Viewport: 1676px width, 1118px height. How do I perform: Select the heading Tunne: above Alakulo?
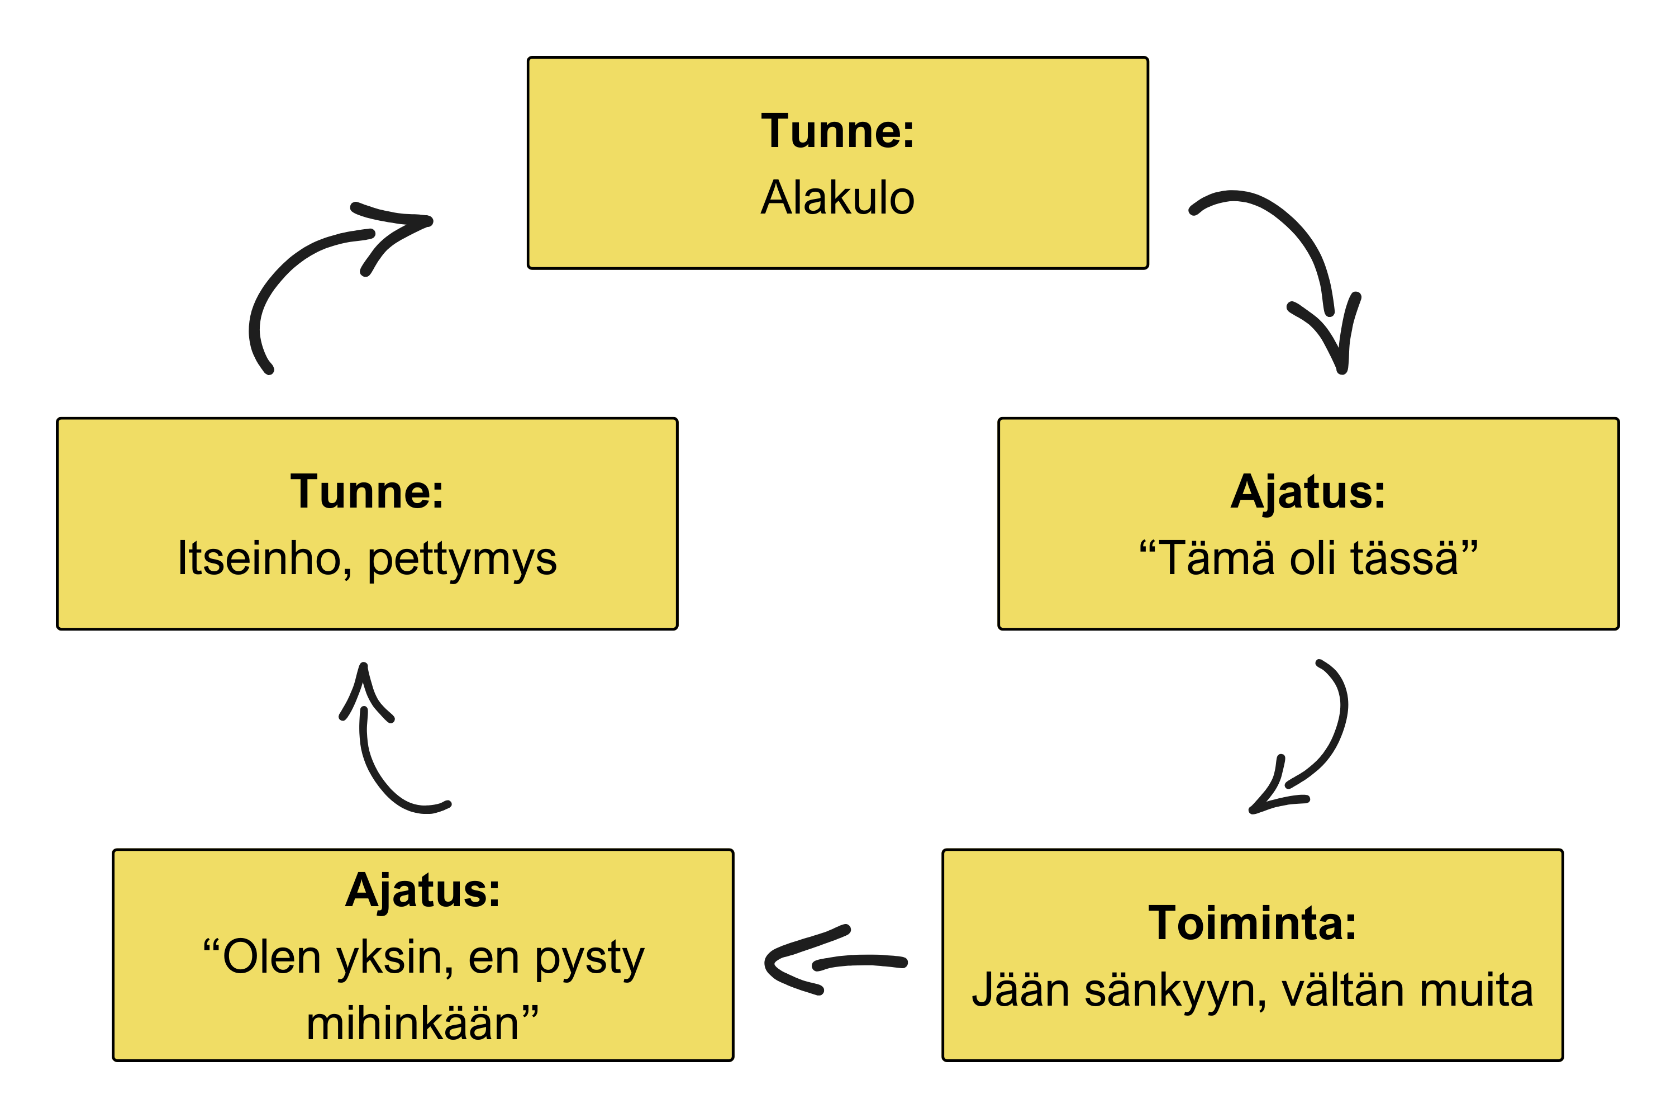click(x=837, y=132)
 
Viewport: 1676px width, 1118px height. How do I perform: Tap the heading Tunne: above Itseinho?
click(x=367, y=492)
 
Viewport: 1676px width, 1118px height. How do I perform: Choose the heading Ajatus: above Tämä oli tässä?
click(x=1308, y=492)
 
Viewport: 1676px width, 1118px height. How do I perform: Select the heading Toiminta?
click(x=1252, y=923)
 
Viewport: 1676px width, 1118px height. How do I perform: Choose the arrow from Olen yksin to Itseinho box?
click(x=378, y=756)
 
